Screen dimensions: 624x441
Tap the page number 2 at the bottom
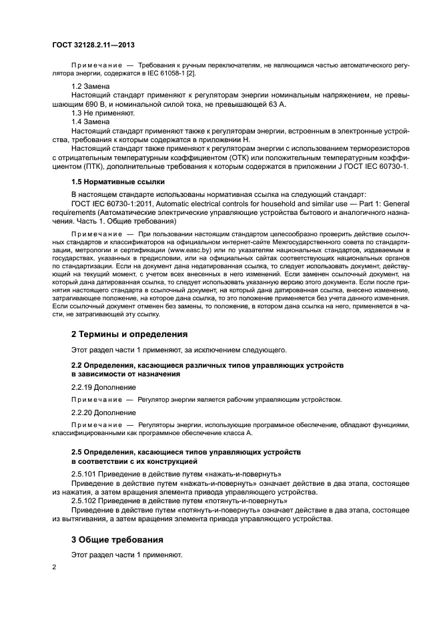[55, 567]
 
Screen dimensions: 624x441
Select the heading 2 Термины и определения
[129, 333]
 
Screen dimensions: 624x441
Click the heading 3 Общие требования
[117, 539]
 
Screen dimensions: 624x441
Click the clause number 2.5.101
[85, 473]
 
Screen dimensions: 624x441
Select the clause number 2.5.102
[85, 499]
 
